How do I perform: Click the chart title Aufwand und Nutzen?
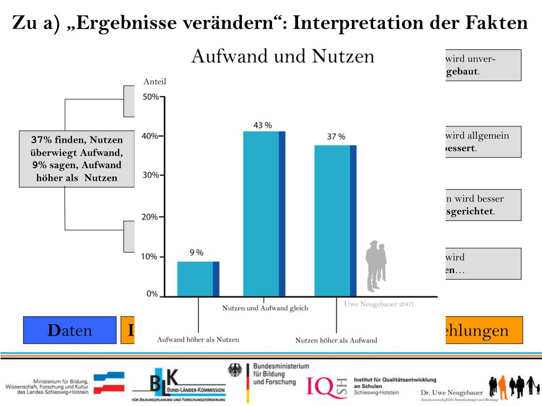(283, 56)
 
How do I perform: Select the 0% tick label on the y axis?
(152, 294)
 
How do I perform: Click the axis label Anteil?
(155, 81)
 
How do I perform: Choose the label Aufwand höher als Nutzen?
(198, 339)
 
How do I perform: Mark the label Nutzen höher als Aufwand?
(336, 340)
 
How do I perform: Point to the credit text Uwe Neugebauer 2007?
(379, 304)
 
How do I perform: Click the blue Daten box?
(69, 330)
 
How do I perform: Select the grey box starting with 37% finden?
(76, 159)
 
